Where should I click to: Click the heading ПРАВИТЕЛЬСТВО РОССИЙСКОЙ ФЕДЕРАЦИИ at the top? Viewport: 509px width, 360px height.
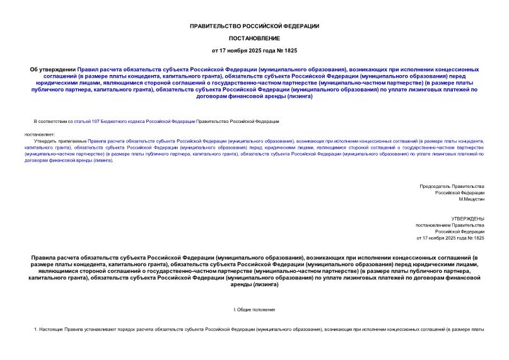coord(254,26)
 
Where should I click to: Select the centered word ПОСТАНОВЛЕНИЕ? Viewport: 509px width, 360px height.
coord(254,38)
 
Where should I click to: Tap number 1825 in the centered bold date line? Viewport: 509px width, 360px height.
coord(291,50)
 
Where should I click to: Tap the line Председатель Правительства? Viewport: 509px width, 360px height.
coord(452,186)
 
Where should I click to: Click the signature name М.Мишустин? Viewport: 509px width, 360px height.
coord(471,199)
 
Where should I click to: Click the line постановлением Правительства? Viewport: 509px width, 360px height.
coord(449,225)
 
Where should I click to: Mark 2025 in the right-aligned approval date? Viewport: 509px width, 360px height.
coord(452,238)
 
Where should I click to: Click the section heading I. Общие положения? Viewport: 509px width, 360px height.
coord(254,310)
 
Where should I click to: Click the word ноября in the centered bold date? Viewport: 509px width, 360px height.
coord(242,50)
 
